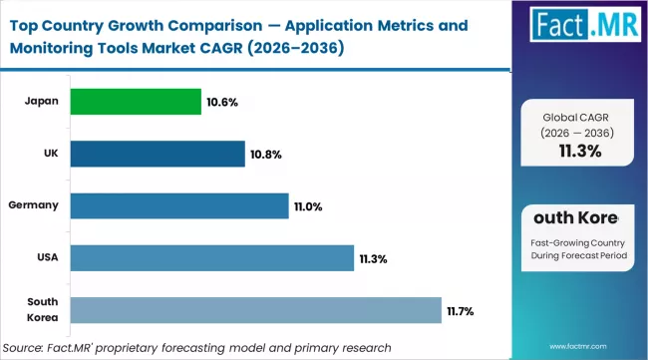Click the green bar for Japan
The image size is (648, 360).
coord(137,101)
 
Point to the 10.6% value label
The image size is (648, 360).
coord(221,101)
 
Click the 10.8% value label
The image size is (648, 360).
coord(265,154)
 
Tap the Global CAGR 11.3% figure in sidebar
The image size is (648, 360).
coord(578,151)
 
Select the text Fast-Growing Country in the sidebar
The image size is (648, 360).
coord(578,241)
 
